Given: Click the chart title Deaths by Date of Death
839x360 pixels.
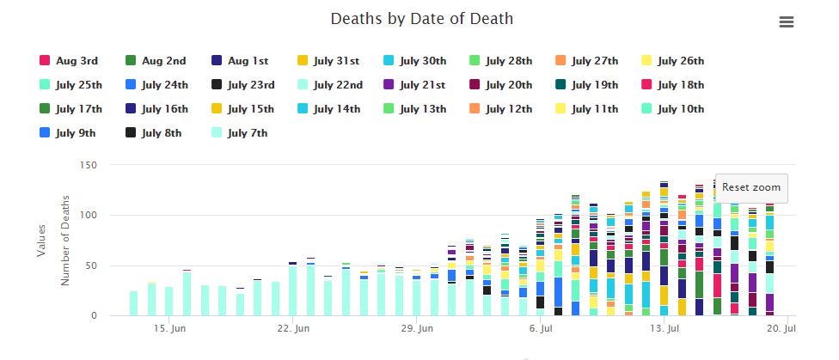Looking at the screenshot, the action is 421,19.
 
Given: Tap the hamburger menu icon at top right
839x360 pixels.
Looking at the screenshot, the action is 786,22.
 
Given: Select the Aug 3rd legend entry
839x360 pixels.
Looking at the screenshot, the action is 69,60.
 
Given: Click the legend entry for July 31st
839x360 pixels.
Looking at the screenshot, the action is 328,60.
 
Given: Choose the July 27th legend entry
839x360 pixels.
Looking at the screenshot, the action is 586,60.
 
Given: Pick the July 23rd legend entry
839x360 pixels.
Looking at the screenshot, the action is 243,84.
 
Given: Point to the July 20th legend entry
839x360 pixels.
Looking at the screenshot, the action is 501,84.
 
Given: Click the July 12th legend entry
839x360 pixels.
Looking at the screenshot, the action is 501,108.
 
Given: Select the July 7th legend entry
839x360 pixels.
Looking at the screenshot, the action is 239,132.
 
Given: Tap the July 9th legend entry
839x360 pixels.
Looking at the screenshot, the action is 67,132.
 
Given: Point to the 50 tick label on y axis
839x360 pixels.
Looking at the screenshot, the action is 92,265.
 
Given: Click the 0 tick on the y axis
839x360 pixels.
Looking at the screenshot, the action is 95,315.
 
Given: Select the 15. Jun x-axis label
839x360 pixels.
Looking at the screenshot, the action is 169,328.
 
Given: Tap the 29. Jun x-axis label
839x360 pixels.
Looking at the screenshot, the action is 417,328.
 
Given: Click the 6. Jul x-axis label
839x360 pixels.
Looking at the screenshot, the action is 541,328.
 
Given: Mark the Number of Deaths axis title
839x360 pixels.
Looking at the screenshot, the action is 65,241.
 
